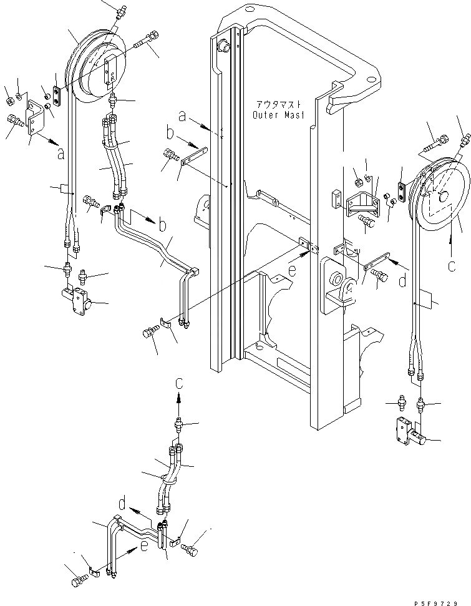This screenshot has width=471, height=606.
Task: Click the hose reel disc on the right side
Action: [x=440, y=193]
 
